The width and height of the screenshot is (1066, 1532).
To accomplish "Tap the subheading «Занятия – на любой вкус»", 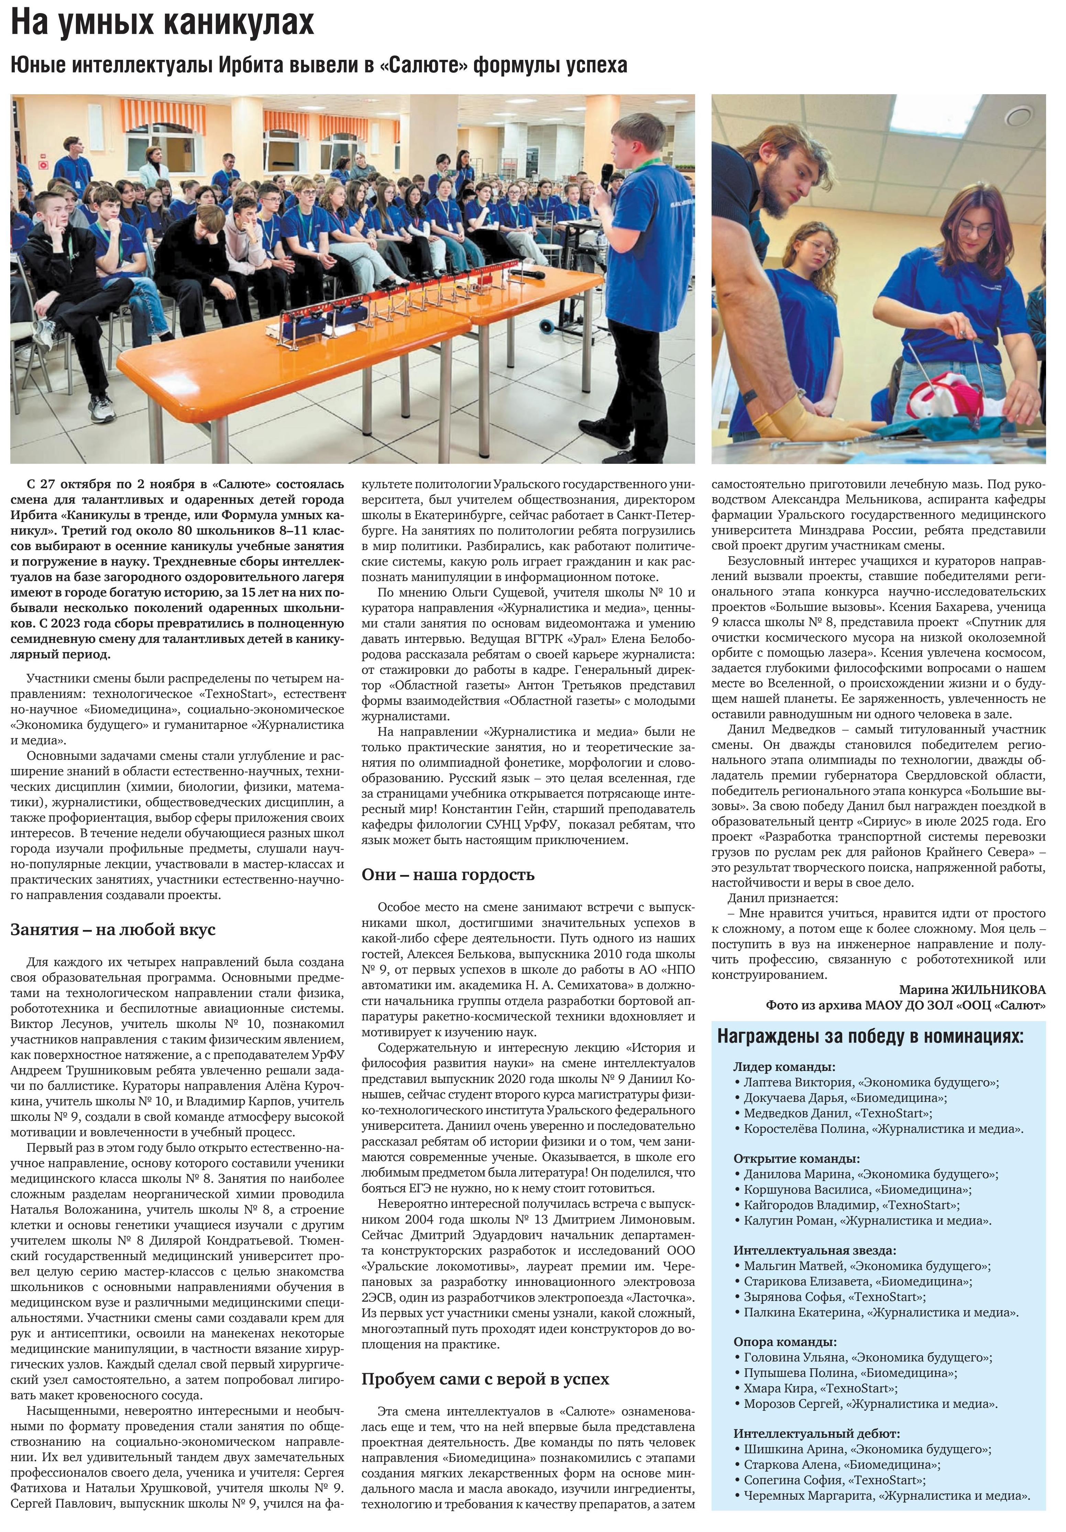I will click(x=113, y=929).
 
